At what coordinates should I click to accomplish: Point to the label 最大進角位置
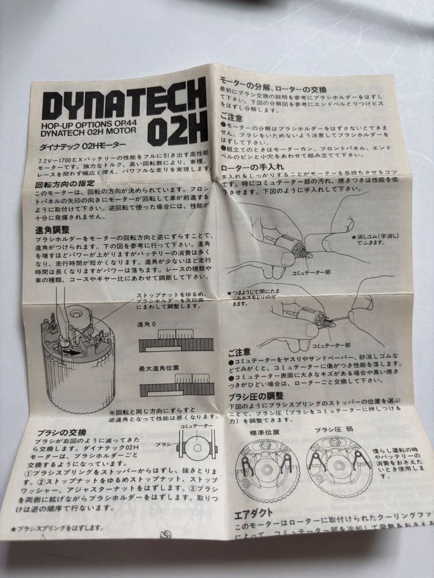(152, 369)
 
